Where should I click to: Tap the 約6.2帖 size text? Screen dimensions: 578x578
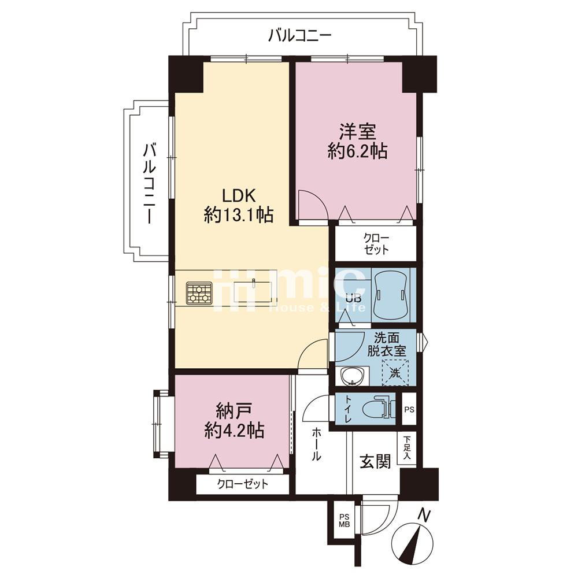click(x=357, y=152)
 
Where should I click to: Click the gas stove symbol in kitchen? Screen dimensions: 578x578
click(x=198, y=292)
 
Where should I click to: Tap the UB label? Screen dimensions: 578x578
click(x=353, y=299)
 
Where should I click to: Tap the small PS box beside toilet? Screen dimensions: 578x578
click(x=409, y=410)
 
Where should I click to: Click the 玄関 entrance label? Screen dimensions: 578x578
click(x=375, y=461)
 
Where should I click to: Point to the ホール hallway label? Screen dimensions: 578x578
click(x=317, y=444)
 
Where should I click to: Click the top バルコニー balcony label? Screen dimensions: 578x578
click(x=299, y=36)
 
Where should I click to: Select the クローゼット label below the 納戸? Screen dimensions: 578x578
click(x=243, y=484)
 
